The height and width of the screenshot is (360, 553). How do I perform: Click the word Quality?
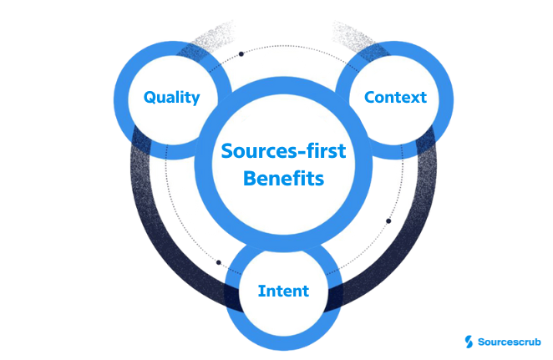click(171, 98)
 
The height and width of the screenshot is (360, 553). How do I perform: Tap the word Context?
click(395, 98)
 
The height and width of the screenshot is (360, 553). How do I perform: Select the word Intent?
click(283, 292)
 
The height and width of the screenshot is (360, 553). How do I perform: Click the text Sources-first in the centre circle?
click(275, 152)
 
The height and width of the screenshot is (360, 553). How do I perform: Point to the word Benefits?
click(275, 179)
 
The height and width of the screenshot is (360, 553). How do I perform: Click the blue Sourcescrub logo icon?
click(469, 341)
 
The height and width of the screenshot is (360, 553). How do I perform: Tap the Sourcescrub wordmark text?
click(510, 341)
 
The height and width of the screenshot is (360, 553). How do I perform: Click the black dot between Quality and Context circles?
click(241, 54)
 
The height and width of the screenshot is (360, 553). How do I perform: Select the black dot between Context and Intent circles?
click(388, 221)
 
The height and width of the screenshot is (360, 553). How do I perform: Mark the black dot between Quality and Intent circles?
click(219, 262)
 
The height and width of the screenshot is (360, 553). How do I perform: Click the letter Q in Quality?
click(150, 98)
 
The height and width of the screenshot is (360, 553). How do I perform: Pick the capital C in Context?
click(369, 98)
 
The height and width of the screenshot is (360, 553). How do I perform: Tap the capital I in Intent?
click(261, 292)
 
